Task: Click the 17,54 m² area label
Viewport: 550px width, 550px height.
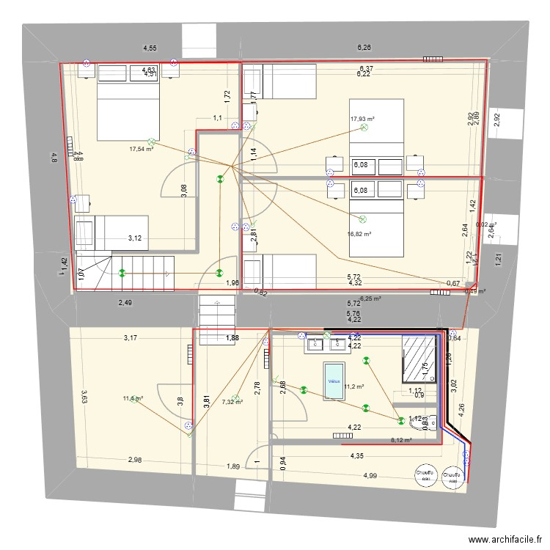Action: click(x=141, y=149)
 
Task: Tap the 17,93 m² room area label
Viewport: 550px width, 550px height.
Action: click(x=362, y=119)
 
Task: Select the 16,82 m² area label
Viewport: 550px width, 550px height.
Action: click(x=359, y=235)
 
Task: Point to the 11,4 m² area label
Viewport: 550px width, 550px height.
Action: click(x=133, y=398)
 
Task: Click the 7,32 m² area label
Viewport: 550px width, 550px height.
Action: click(x=232, y=401)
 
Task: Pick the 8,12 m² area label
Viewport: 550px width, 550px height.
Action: click(x=401, y=441)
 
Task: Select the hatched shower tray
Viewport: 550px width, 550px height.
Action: click(x=419, y=360)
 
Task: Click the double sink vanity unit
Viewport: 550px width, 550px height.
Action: click(x=326, y=343)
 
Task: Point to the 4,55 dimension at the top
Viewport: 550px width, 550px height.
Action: click(x=149, y=48)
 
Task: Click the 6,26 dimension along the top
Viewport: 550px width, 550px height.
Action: click(x=364, y=48)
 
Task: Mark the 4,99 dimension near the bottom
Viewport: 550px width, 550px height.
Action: click(x=371, y=476)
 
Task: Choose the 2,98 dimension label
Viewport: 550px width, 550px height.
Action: click(x=135, y=460)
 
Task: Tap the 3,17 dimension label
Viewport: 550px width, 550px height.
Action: click(x=130, y=338)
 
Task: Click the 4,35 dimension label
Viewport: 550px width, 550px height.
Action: click(x=357, y=456)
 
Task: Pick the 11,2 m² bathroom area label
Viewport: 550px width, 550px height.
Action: click(x=355, y=386)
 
